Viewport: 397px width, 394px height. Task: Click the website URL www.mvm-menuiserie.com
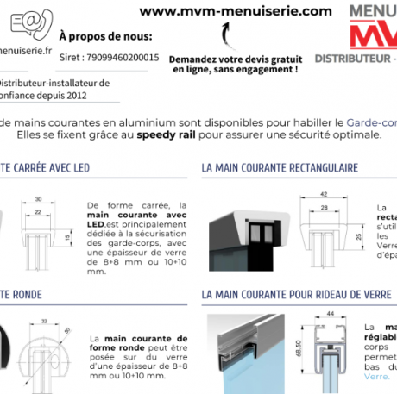point(235,11)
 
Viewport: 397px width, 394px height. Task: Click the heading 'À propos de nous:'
point(105,37)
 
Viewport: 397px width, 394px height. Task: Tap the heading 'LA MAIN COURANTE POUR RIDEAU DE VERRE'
point(297,294)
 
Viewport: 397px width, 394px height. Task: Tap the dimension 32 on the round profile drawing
point(43,322)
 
